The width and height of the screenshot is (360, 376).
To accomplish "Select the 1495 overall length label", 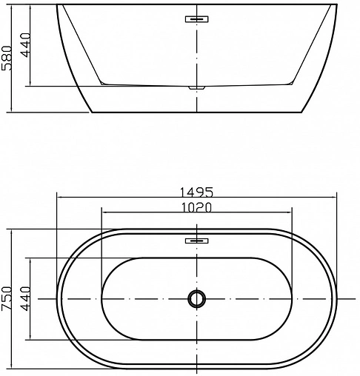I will coord(196,191).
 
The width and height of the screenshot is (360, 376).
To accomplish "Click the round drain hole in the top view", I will coord(196,299).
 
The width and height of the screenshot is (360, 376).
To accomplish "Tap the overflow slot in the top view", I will coord(196,241).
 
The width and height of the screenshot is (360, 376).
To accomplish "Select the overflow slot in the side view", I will coord(196,19).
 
